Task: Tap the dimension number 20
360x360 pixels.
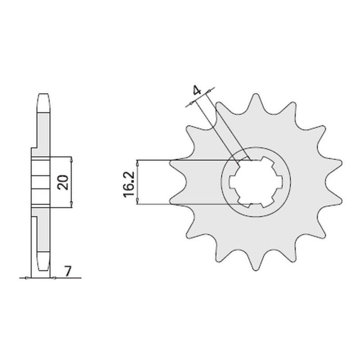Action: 63,183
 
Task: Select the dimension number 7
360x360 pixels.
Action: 67,272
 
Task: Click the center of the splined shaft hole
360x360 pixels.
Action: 256,182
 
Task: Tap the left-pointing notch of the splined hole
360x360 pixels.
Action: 232,182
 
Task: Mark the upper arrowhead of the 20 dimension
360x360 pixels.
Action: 72,160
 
